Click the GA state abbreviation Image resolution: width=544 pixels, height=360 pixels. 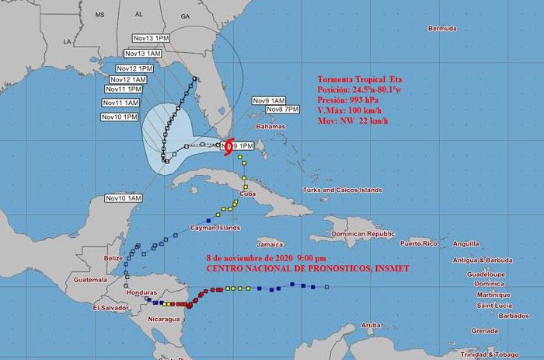(x=186, y=16)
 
